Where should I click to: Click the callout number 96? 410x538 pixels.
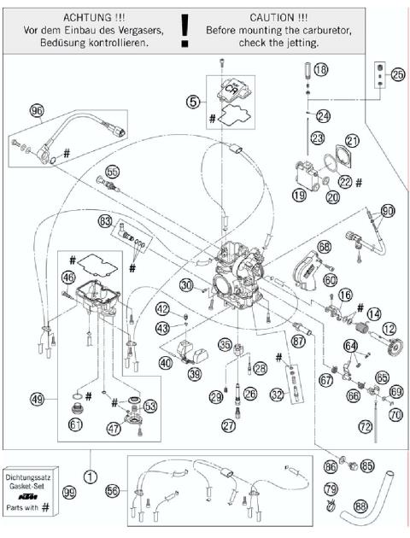tap(36, 110)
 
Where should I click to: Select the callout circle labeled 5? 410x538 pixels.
tap(194, 100)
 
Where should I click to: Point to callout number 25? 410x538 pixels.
tap(397, 75)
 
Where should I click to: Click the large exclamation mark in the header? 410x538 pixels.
tap(184, 28)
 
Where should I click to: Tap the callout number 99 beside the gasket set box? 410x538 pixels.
tap(69, 494)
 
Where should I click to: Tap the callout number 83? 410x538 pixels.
tap(105, 220)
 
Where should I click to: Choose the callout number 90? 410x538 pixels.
tap(388, 210)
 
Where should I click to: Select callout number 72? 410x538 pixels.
tap(364, 424)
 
